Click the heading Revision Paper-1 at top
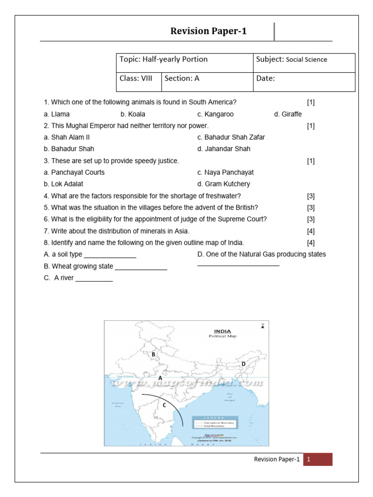click(208, 32)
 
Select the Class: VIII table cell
click(139, 79)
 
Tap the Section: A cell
click(207, 79)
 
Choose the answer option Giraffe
click(288, 115)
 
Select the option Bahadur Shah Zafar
click(231, 137)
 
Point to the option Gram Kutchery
click(224, 184)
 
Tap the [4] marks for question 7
click(311, 231)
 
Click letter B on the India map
click(153, 355)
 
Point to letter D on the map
click(243, 364)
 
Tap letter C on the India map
click(164, 405)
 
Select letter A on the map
click(160, 377)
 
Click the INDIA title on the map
click(222, 331)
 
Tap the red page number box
click(318, 460)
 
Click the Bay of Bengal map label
click(230, 398)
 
